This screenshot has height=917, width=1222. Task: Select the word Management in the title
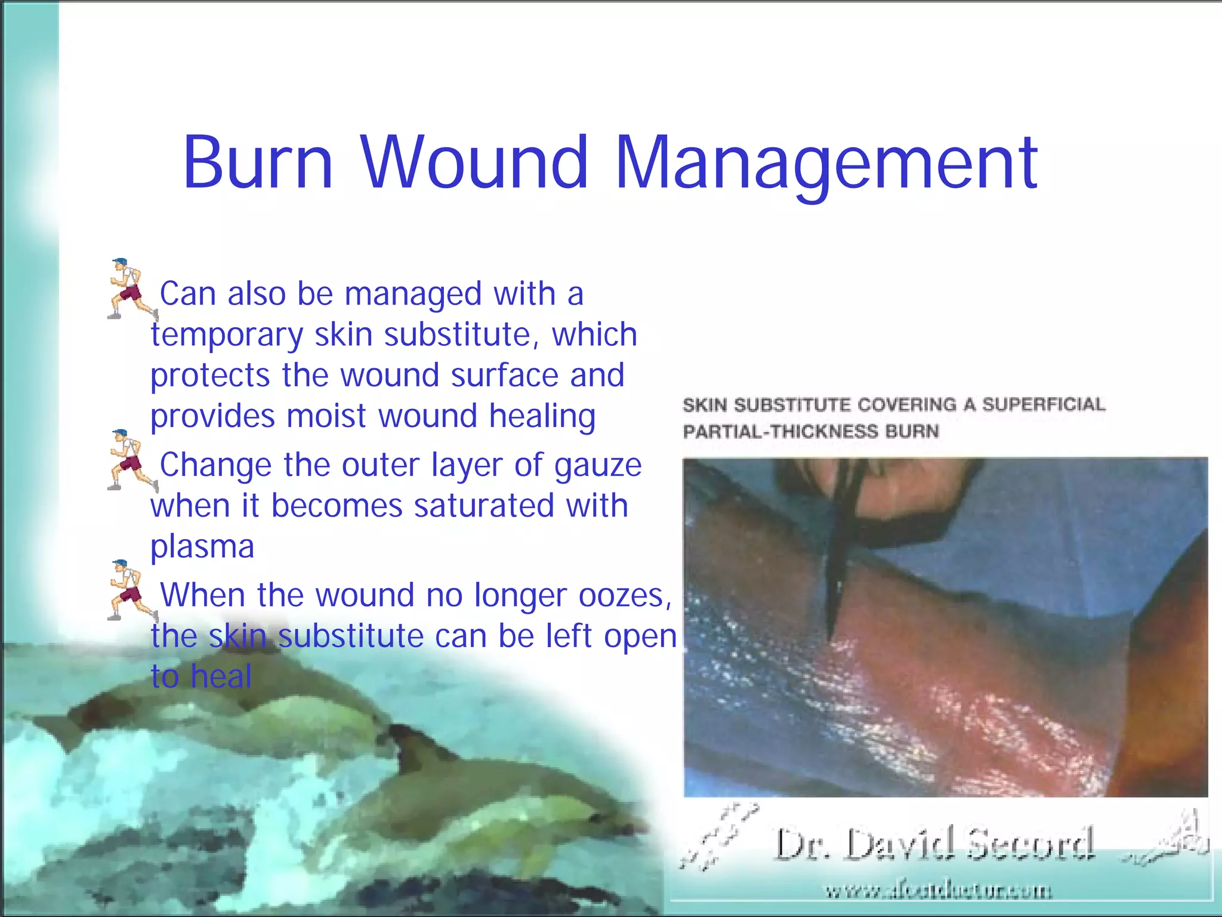coord(826,164)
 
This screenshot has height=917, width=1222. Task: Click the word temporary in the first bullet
coord(227,336)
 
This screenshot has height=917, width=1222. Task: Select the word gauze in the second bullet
coord(598,466)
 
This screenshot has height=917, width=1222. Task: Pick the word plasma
coord(202,547)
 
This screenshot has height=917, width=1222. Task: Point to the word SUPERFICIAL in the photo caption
coord(1044,405)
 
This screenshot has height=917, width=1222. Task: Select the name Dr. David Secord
coord(934,844)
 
